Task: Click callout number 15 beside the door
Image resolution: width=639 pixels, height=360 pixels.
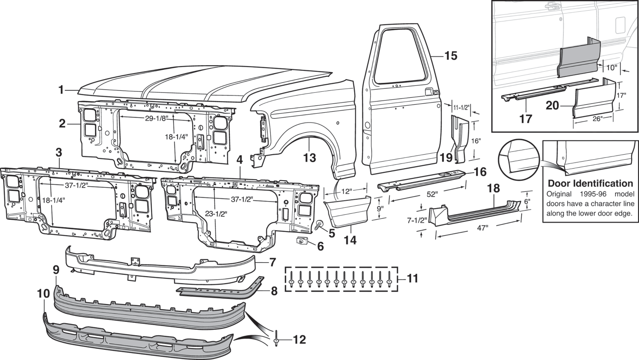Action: [451, 56]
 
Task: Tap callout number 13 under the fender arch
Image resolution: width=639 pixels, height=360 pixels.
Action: [309, 158]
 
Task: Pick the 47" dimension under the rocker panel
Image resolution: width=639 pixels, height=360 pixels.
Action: [482, 228]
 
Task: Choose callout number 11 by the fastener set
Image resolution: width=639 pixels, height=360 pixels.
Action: [411, 279]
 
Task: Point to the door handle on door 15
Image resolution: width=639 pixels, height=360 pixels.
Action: [430, 91]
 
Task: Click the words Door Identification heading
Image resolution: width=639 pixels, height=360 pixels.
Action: [590, 183]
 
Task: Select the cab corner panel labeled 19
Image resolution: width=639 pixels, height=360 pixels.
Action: [458, 140]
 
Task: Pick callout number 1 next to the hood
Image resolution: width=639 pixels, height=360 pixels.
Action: [61, 90]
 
